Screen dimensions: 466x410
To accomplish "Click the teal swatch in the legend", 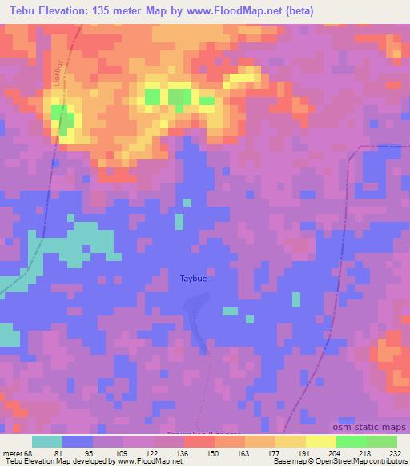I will point(47,441).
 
